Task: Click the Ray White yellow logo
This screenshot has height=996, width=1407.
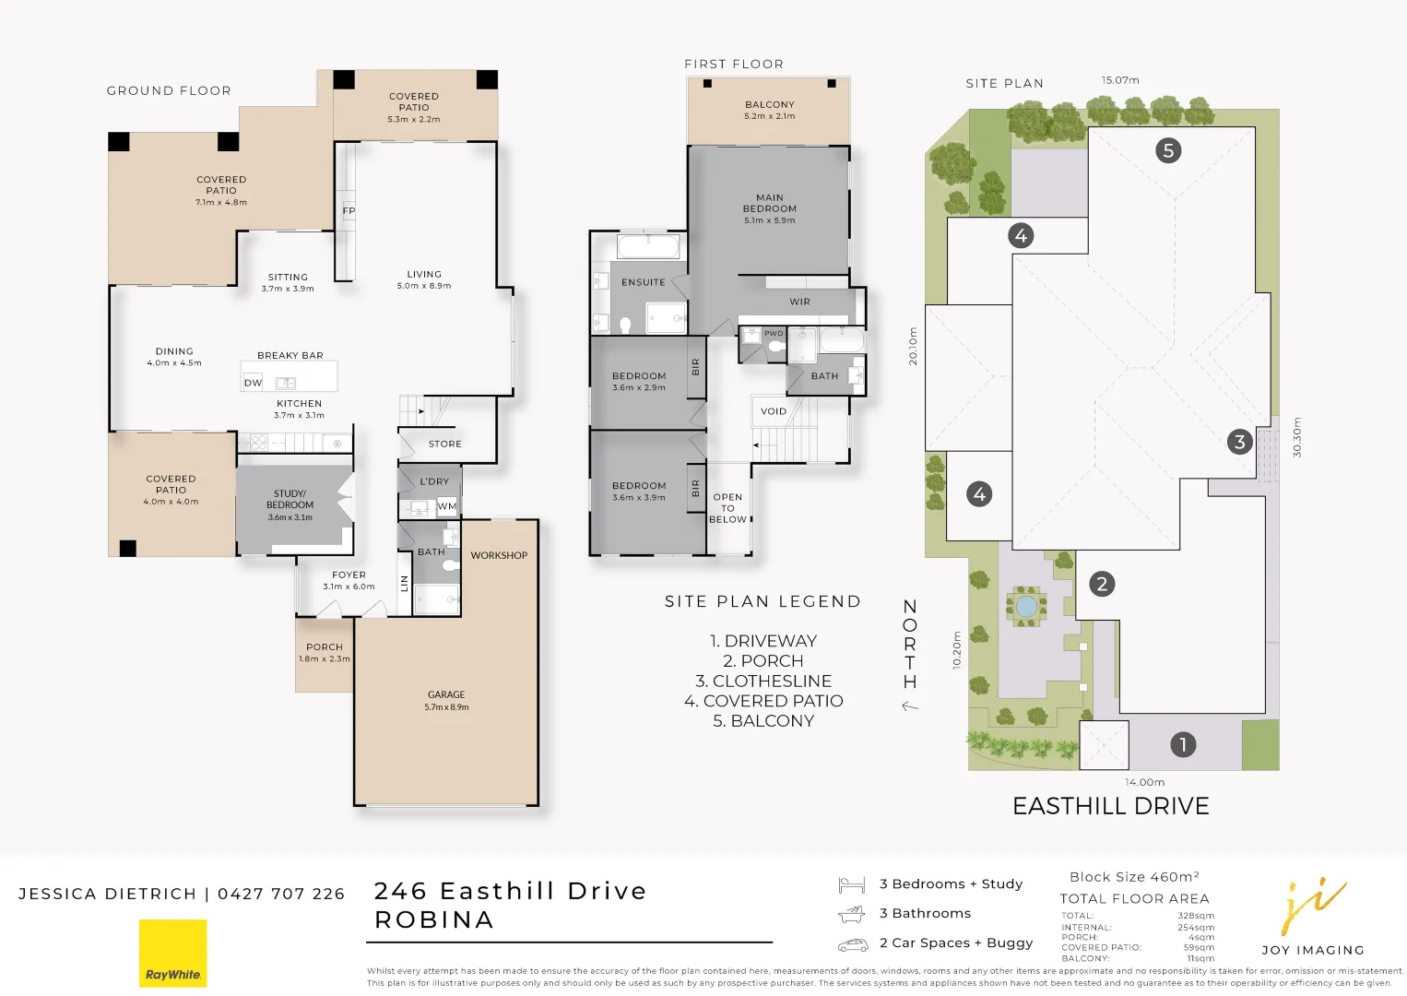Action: coord(172,953)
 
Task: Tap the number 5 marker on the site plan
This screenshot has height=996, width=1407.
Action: coord(1168,151)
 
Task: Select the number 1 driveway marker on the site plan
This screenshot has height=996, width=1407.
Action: coord(1183,745)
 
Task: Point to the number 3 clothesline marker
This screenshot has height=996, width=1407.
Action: coord(1240,442)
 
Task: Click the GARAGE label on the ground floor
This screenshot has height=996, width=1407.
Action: coord(446,694)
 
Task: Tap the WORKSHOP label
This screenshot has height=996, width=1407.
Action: coord(499,555)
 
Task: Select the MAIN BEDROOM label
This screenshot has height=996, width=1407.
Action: coord(770,203)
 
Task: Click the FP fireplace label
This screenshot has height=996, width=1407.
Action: coord(349,210)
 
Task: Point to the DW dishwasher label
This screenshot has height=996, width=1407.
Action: coord(254,383)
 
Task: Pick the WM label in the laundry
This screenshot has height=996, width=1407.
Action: coord(446,506)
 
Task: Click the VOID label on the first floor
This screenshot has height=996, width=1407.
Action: coord(774,411)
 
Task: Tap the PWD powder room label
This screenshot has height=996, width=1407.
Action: coord(774,333)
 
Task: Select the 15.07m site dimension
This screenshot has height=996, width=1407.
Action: coord(1120,80)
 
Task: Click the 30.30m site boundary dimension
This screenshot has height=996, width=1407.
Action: coord(1297,437)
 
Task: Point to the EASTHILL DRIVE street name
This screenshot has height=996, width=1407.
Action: coord(1110,806)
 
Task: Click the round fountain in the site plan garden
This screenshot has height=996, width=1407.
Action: coord(1025,607)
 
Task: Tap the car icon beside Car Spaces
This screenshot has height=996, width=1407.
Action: coord(853,944)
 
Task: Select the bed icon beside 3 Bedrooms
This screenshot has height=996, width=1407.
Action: coord(852,884)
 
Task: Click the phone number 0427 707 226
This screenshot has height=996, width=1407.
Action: coord(281,894)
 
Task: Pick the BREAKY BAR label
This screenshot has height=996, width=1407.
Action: coord(290,356)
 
